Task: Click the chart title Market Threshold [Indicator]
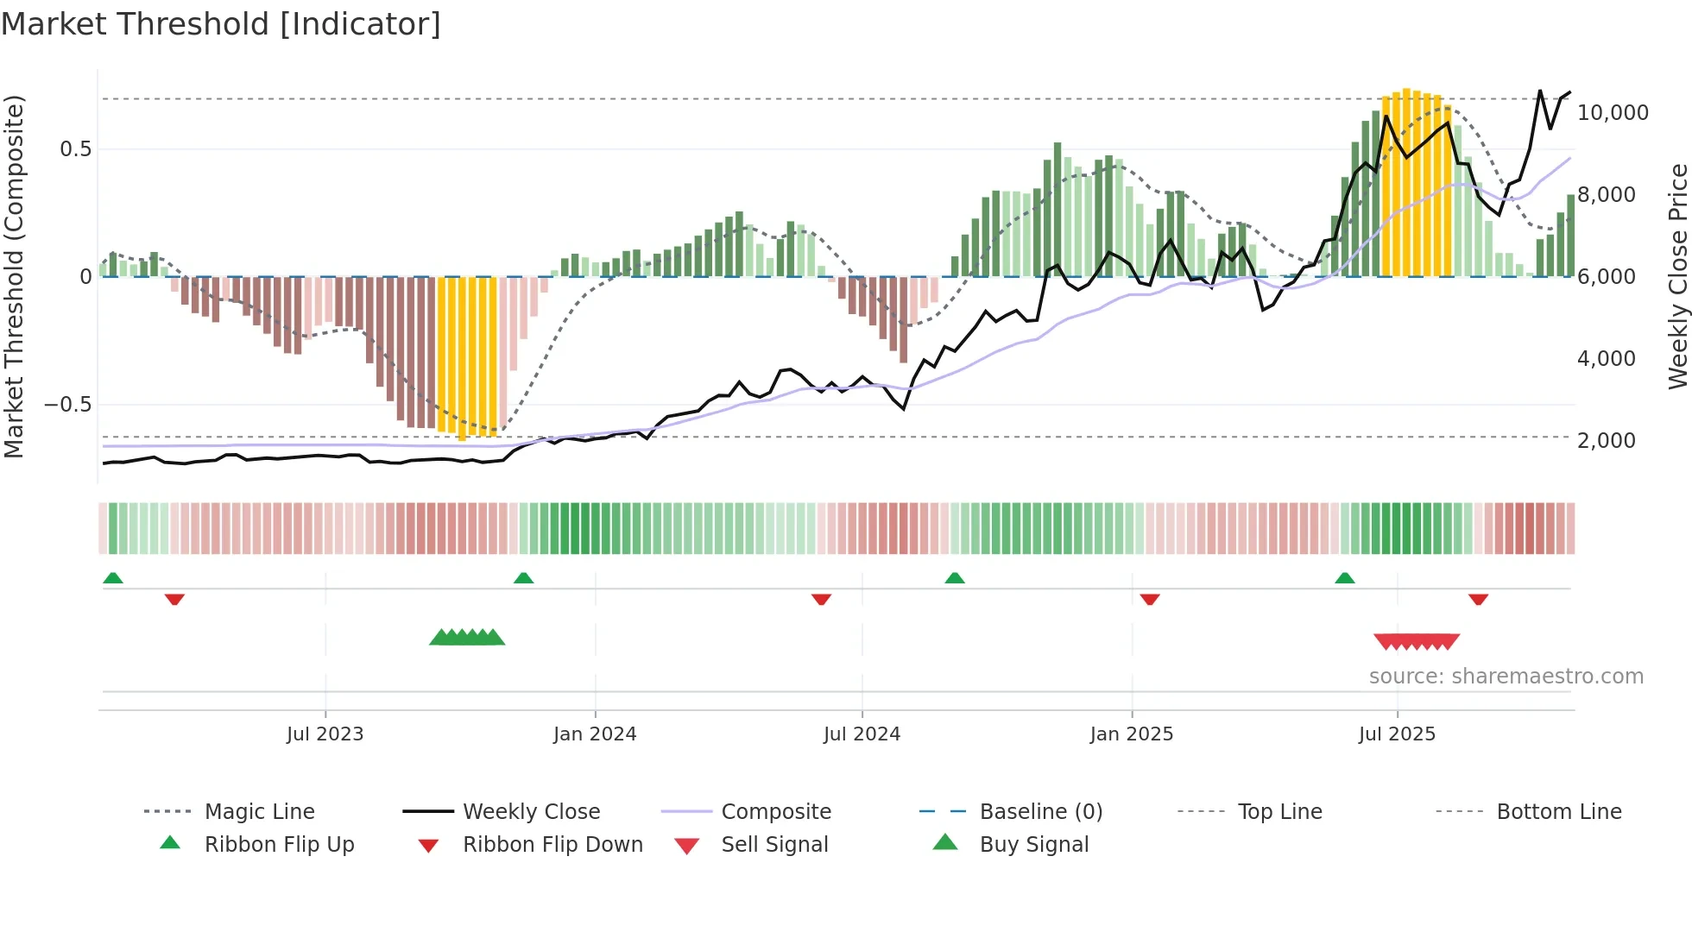point(221,24)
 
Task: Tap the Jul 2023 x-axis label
point(325,734)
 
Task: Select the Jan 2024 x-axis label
point(595,734)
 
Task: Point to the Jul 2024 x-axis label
point(862,734)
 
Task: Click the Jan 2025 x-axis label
point(1132,734)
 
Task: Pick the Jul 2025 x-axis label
point(1397,734)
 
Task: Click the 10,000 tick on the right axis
point(1613,113)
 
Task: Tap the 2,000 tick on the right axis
point(1606,441)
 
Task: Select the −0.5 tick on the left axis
point(67,405)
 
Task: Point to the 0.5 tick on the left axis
point(75,149)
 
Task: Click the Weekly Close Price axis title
point(1677,276)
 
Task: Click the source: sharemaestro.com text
point(1506,677)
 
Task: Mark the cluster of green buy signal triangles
point(467,638)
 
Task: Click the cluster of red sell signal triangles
point(1417,641)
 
